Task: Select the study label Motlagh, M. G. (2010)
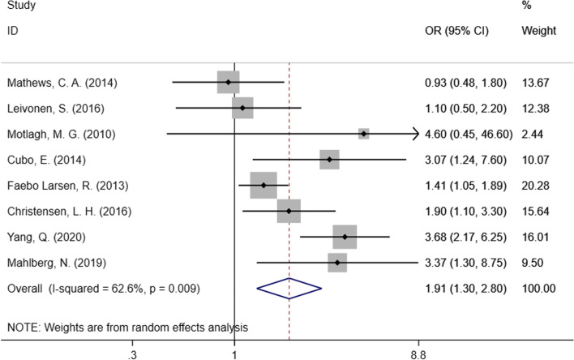tap(57, 134)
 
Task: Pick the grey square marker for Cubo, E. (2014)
tap(329, 160)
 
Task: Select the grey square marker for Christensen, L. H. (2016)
tap(289, 211)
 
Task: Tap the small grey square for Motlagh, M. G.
tap(364, 134)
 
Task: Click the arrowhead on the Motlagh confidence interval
tap(416, 134)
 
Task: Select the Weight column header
tap(539, 32)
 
